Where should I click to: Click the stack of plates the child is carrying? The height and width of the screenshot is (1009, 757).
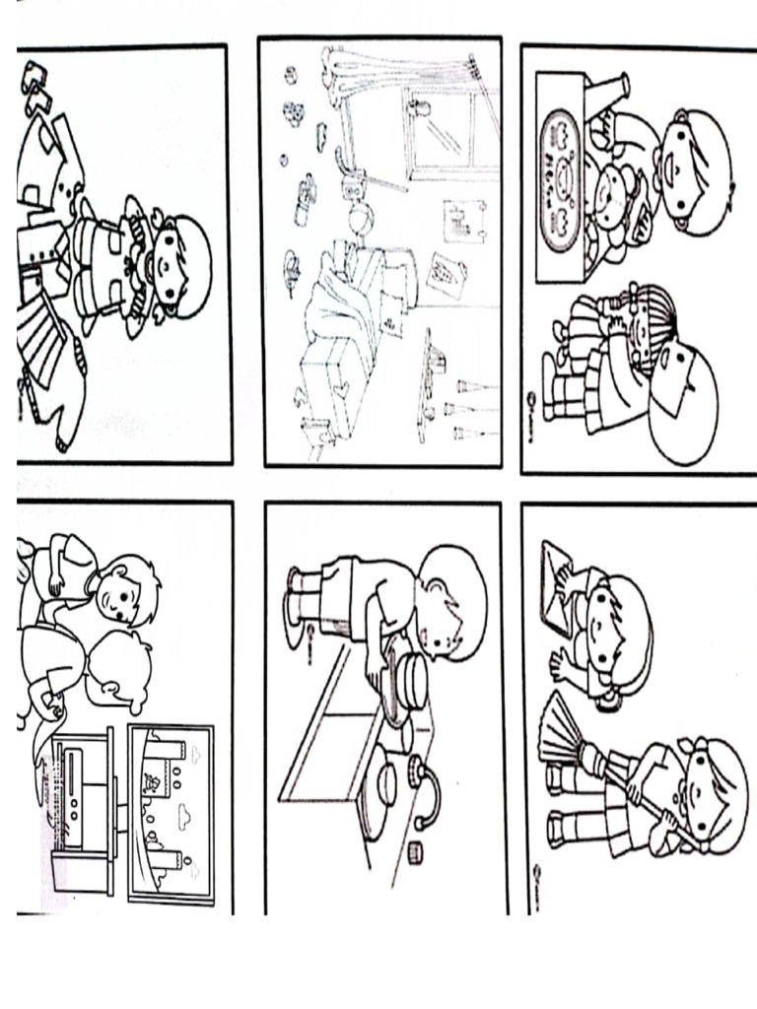405,680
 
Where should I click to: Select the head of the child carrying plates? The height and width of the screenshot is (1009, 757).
448,601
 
